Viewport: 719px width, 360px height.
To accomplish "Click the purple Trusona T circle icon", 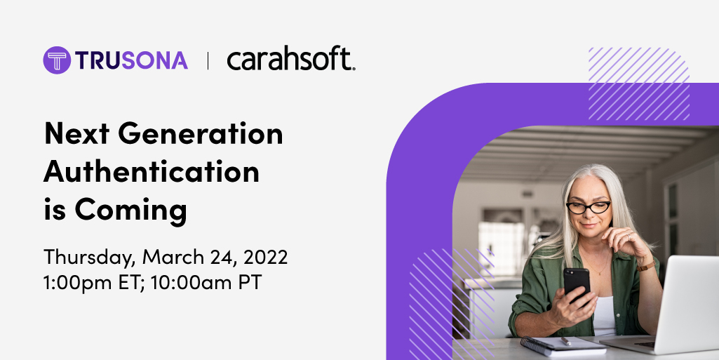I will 57,60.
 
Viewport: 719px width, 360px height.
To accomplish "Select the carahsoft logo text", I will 290,60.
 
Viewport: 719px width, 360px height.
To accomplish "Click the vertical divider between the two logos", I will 208,61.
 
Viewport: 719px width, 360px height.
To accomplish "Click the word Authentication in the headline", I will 152,172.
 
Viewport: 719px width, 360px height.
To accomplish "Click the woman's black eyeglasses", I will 588,207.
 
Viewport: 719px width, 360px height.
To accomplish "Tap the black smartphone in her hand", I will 577,285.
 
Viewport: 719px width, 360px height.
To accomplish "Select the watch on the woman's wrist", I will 646,265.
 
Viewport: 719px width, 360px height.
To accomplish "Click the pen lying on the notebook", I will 564,341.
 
